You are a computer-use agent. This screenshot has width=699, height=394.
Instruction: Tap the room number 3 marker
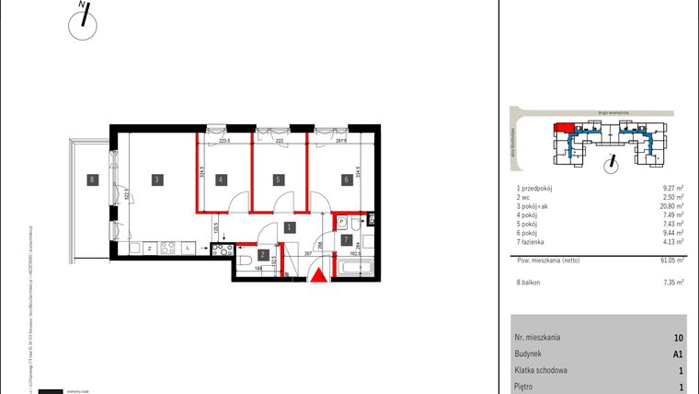(157, 180)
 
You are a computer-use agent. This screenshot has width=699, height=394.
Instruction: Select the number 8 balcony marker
(91, 180)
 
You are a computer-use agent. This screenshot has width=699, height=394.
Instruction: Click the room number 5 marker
(222, 180)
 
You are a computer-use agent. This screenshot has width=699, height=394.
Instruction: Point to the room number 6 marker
(277, 180)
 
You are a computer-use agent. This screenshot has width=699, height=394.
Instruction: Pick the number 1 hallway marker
(346, 180)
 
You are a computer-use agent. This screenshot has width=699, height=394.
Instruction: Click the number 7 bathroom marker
(346, 240)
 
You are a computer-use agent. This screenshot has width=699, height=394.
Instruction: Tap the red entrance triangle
(317, 275)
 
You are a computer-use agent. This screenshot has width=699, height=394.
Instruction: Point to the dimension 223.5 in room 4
(223, 142)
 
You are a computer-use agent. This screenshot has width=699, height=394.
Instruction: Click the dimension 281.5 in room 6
(339, 142)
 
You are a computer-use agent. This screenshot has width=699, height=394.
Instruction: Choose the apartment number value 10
(679, 338)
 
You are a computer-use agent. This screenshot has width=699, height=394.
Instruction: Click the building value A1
(678, 354)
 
